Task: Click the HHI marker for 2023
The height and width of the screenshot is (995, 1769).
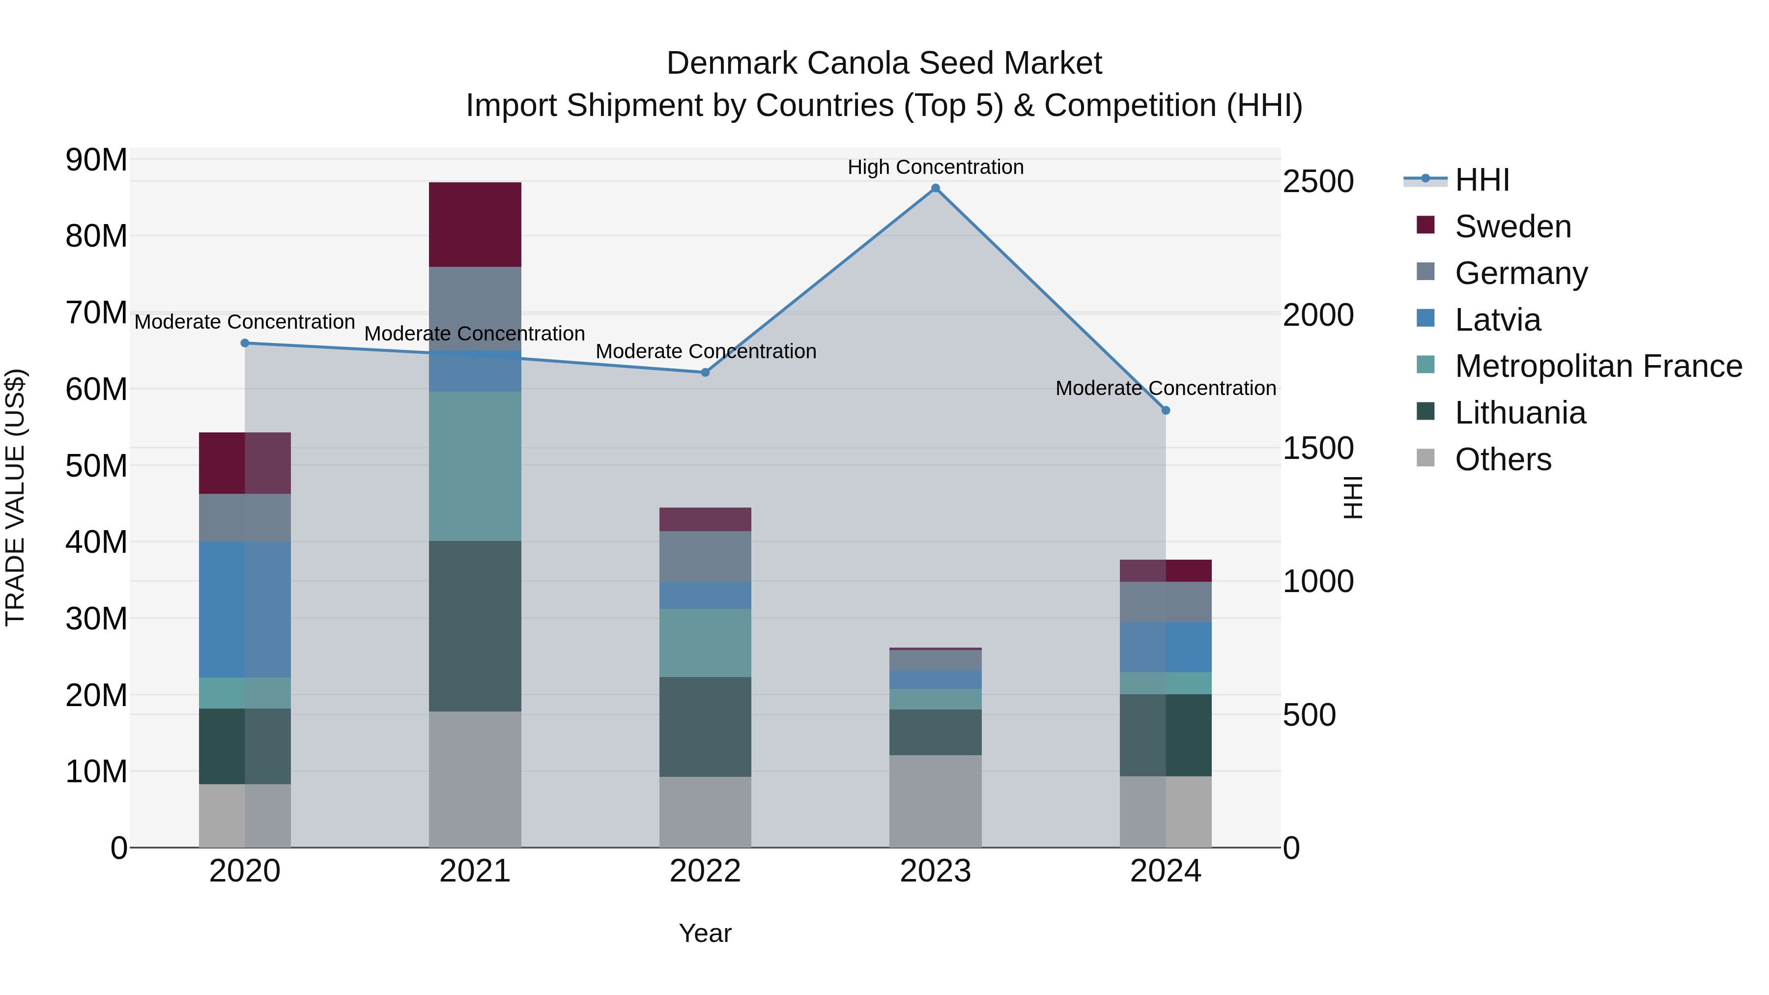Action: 935,188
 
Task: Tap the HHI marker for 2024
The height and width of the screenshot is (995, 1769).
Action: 1166,411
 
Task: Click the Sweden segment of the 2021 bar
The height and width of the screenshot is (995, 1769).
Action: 475,225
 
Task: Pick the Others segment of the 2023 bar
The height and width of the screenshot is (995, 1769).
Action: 935,801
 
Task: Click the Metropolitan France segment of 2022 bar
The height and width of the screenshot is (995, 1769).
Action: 705,643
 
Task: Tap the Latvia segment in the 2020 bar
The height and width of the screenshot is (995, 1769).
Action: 245,610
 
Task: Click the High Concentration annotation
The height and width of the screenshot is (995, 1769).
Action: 935,168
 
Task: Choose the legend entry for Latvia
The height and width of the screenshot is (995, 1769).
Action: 1497,320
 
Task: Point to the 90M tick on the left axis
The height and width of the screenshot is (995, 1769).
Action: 96,160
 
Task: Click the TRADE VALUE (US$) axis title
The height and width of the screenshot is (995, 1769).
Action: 15,497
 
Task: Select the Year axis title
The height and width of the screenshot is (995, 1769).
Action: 705,933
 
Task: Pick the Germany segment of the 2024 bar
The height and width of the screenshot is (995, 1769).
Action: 1166,602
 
